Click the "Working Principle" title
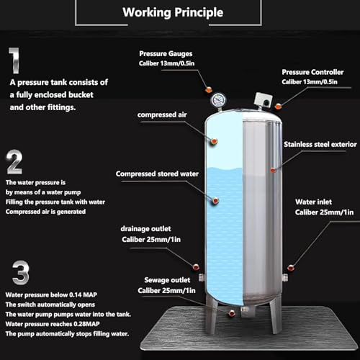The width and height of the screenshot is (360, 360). click(x=172, y=12)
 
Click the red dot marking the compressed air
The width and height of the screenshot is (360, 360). click(x=214, y=142)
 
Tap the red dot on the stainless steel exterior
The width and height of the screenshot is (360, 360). click(x=272, y=170)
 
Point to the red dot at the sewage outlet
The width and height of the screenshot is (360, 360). click(x=231, y=314)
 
